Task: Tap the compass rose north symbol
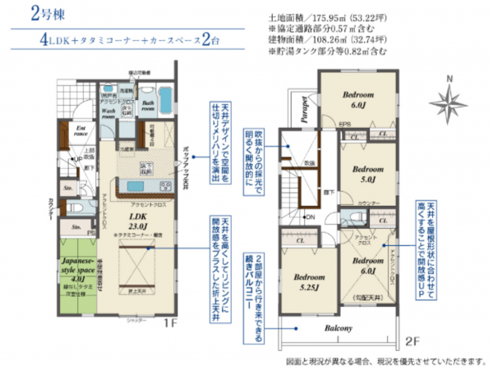(x=449, y=100)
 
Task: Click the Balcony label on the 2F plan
(x=337, y=329)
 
